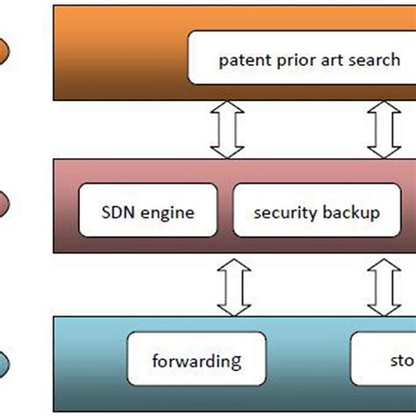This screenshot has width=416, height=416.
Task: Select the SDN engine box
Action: click(x=147, y=211)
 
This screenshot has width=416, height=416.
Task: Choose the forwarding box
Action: click(x=197, y=361)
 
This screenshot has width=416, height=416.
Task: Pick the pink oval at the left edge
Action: click(x=5, y=203)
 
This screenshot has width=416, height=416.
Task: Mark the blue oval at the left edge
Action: click(x=5, y=361)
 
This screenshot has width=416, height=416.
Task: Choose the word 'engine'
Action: click(x=169, y=212)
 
